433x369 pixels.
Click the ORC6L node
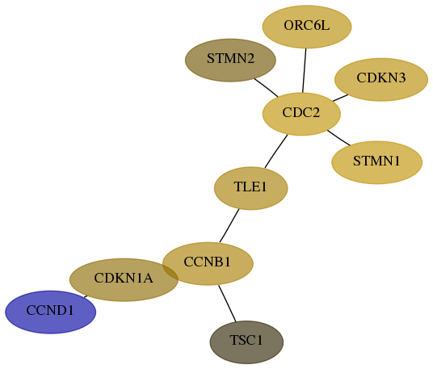pyautogui.click(x=307, y=27)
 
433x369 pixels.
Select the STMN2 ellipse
pyautogui.click(x=230, y=61)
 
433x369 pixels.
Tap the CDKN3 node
pyautogui.click(x=381, y=79)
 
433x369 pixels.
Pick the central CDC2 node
pyautogui.click(x=301, y=114)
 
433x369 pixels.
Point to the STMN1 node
pyautogui.click(x=377, y=162)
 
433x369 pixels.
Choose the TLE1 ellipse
pyautogui.click(x=251, y=188)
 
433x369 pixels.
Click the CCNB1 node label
pyautogui.click(x=207, y=262)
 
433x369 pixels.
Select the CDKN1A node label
pyautogui.click(x=124, y=278)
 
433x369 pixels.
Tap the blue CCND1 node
pyautogui.click(x=51, y=312)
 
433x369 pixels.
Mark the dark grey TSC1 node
pyautogui.click(x=246, y=342)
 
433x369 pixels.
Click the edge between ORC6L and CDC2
pyautogui.click(x=305, y=71)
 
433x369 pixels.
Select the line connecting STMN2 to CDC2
pyautogui.click(x=267, y=88)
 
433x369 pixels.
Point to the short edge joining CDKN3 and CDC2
pyautogui.click(x=340, y=98)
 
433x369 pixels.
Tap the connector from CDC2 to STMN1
pyautogui.click(x=338, y=137)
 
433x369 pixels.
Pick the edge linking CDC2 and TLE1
pyautogui.click(x=276, y=151)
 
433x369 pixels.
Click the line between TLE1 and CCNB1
pyautogui.click(x=229, y=226)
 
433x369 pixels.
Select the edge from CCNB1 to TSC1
pyautogui.click(x=227, y=304)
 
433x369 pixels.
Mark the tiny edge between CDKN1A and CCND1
pyautogui.click(x=86, y=296)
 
